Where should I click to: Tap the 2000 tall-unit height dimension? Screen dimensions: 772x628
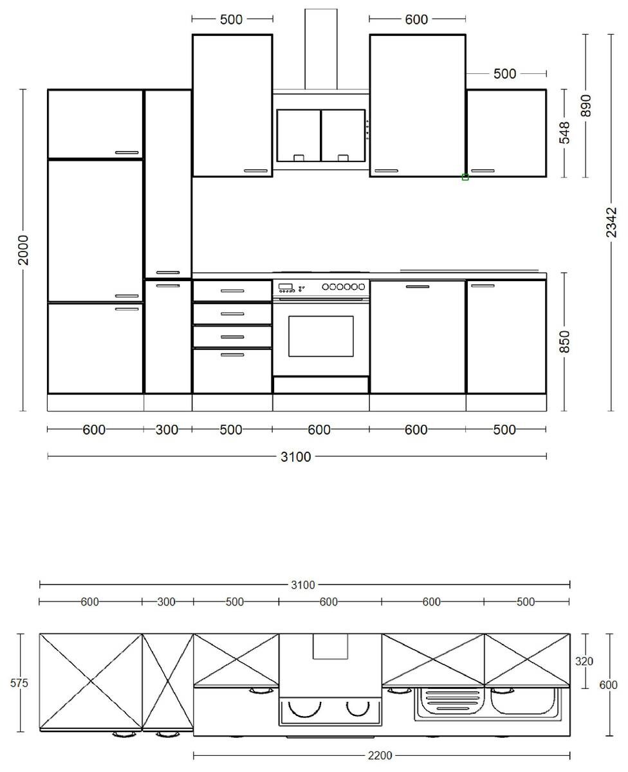(23, 250)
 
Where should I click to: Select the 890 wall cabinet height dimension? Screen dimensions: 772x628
(585, 105)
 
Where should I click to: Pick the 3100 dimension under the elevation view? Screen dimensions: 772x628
(296, 457)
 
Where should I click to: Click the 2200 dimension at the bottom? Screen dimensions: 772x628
(381, 755)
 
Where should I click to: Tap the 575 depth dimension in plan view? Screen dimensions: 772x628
(19, 683)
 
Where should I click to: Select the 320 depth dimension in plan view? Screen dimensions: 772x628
(584, 661)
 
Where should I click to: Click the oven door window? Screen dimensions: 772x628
(320, 336)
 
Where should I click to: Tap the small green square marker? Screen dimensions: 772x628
(465, 177)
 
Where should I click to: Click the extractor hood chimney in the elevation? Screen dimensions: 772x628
(320, 48)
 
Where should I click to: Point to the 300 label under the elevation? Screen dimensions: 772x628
(167, 430)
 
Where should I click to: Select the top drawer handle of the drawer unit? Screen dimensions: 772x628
(232, 291)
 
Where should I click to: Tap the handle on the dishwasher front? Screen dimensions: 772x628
(417, 286)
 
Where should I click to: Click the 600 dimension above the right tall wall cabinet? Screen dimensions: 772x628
(416, 19)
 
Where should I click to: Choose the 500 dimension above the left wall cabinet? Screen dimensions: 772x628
(231, 19)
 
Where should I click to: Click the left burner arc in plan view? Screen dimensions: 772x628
(304, 708)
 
